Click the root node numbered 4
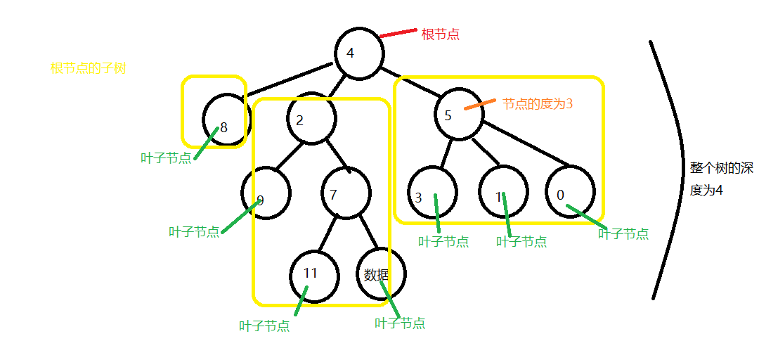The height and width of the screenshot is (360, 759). tap(359, 53)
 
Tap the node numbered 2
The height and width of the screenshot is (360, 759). tap(310, 119)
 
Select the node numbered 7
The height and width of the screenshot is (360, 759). tap(346, 193)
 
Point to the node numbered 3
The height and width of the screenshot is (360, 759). tap(432, 192)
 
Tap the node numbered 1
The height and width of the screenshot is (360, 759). tap(504, 191)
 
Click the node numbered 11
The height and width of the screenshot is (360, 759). tap(314, 276)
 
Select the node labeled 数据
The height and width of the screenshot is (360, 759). tap(381, 274)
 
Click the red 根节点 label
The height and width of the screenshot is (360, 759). tap(440, 34)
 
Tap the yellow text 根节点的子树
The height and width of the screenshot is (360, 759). tap(89, 69)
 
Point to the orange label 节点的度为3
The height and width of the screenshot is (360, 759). tap(538, 103)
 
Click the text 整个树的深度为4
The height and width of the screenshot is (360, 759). tap(721, 179)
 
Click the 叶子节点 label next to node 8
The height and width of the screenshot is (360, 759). tap(166, 157)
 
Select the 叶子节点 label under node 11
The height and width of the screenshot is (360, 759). tap(264, 326)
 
